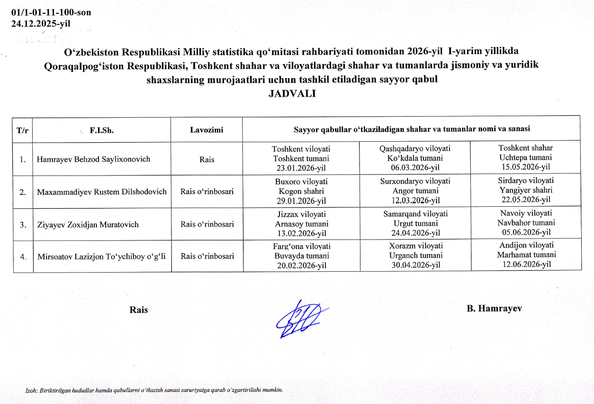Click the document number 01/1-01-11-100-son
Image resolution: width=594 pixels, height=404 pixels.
(51, 13)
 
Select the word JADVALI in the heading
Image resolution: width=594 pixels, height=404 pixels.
(292, 93)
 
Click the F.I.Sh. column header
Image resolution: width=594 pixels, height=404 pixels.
(101, 129)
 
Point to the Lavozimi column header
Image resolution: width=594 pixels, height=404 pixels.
(207, 129)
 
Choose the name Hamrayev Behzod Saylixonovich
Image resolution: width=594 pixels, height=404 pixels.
(93, 159)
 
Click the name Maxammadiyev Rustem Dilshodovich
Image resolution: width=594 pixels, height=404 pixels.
(102, 192)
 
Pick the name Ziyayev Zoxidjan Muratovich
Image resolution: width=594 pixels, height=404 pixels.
(88, 224)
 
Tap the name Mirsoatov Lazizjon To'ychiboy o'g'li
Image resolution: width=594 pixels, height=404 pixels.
(104, 256)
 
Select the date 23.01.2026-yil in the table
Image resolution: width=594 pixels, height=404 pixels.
(301, 168)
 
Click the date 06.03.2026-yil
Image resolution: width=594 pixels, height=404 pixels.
(415, 168)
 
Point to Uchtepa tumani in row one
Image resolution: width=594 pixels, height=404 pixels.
(526, 157)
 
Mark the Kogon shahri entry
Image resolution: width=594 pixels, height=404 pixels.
(301, 191)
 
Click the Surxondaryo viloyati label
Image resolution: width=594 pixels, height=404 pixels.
(415, 181)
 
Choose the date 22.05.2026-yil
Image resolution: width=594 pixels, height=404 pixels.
(526, 200)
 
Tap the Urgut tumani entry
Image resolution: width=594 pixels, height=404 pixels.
(415, 223)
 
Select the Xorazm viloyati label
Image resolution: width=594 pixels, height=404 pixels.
(415, 246)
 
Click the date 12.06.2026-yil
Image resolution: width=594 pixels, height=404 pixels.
(526, 265)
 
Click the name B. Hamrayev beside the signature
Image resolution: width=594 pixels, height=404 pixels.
(494, 309)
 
